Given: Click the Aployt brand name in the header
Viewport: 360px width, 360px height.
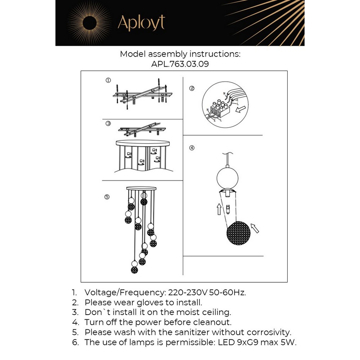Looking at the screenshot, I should pyautogui.click(x=141, y=23).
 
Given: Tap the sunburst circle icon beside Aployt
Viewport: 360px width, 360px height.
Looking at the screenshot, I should pyautogui.click(x=87, y=23).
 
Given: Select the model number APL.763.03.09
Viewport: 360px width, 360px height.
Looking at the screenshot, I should pyautogui.click(x=180, y=64).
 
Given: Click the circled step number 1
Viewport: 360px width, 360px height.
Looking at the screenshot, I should pyautogui.click(x=108, y=80).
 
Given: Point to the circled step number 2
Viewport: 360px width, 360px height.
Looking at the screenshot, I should pyautogui.click(x=192, y=88).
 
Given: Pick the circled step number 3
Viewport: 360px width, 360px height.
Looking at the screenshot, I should pyautogui.click(x=108, y=123).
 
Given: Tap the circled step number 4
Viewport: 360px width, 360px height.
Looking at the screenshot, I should pyautogui.click(x=192, y=148).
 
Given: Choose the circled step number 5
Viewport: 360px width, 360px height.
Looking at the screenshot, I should pyautogui.click(x=107, y=197).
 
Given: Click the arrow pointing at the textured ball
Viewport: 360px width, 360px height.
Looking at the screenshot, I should pyautogui.click(x=255, y=228).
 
